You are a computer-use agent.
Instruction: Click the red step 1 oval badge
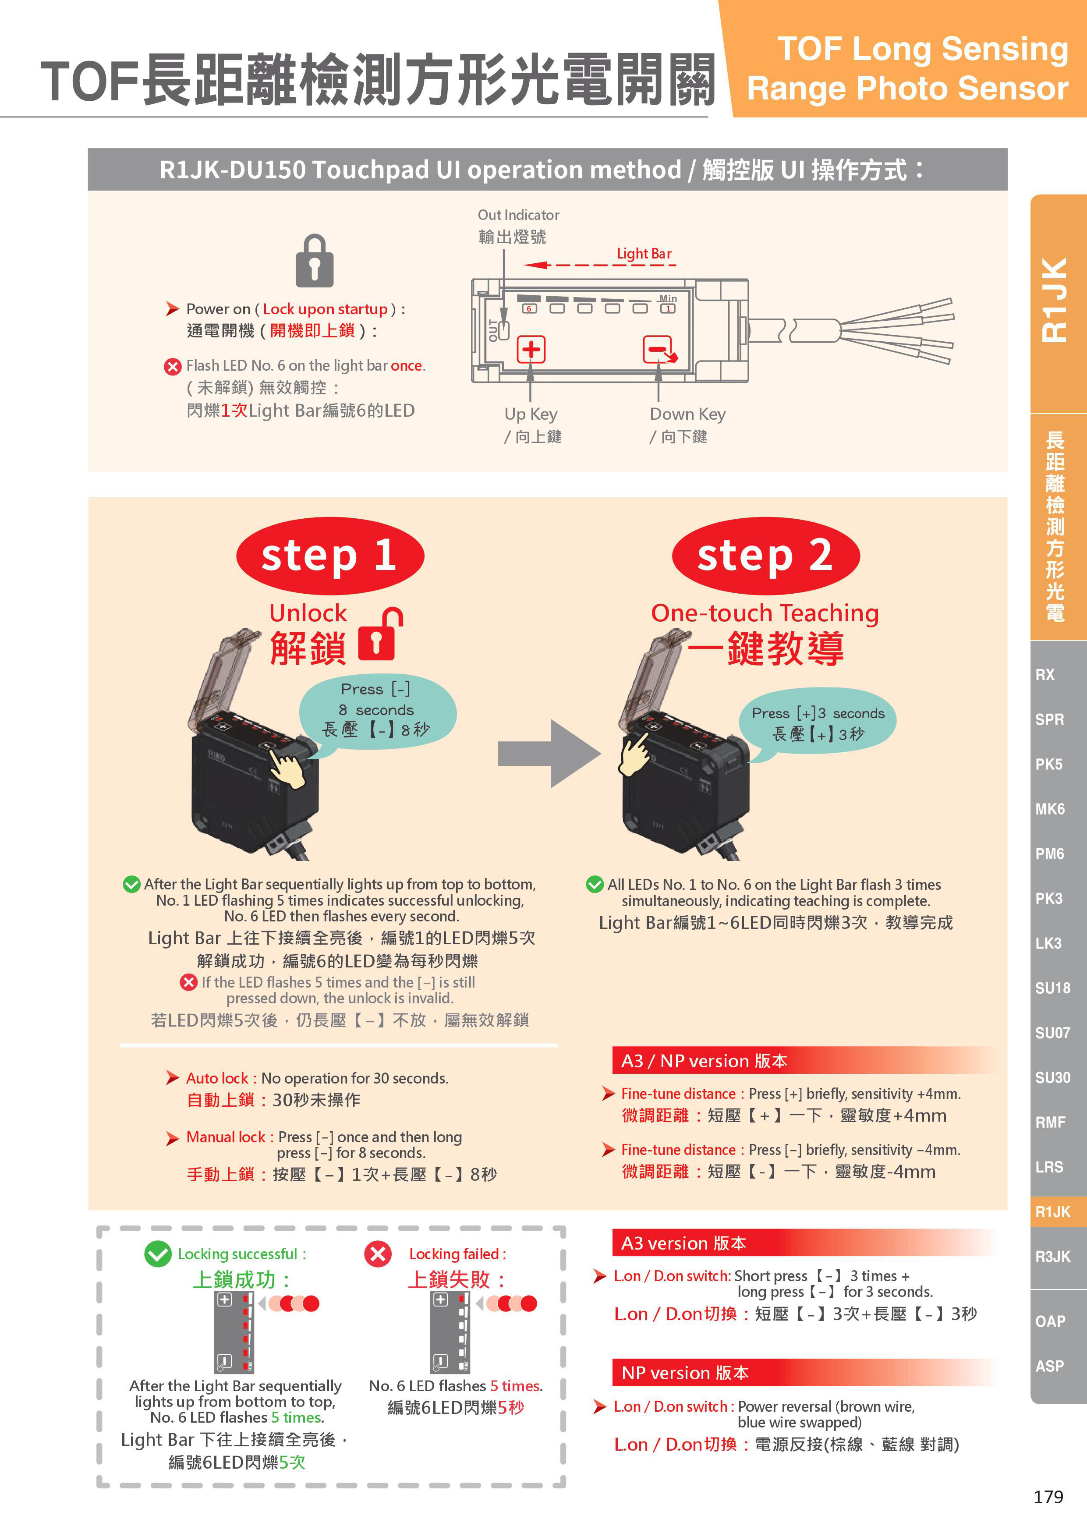330,556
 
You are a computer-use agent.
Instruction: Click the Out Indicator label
518,215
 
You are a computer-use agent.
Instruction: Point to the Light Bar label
644,253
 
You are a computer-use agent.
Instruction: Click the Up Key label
531,414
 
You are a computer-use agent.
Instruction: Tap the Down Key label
687,414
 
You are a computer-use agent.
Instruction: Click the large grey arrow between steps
549,753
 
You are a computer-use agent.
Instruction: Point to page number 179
1048,1497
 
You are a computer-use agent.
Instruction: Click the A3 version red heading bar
803,1243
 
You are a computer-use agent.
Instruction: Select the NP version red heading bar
803,1373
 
